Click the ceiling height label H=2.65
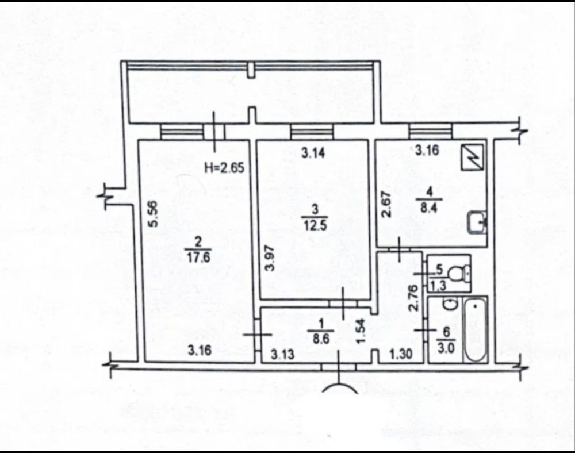pyautogui.click(x=224, y=168)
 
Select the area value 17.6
pyautogui.click(x=198, y=257)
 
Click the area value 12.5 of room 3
pyautogui.click(x=315, y=224)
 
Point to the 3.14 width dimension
pyautogui.click(x=313, y=152)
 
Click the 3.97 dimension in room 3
pyautogui.click(x=270, y=258)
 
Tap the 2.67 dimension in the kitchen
pyautogui.click(x=387, y=205)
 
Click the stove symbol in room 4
pyautogui.click(x=472, y=157)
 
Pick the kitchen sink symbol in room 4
pyautogui.click(x=477, y=222)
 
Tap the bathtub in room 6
pyautogui.click(x=476, y=329)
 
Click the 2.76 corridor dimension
pyautogui.click(x=413, y=298)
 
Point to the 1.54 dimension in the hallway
pyautogui.click(x=361, y=331)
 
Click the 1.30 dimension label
pyautogui.click(x=401, y=354)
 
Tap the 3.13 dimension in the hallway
pyautogui.click(x=282, y=354)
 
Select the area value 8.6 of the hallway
pyautogui.click(x=321, y=339)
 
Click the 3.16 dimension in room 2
pyautogui.click(x=200, y=350)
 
